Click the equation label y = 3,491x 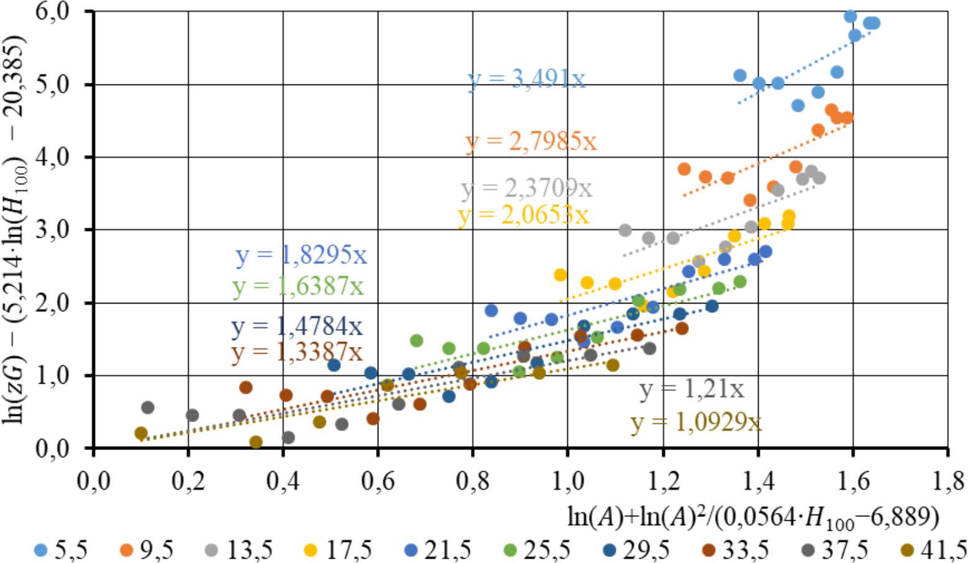[x=526, y=79]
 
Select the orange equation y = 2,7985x [x=531, y=142]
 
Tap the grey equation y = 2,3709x [x=527, y=188]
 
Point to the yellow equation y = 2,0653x [x=523, y=215]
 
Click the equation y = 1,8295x [x=301, y=255]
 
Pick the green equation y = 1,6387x [x=298, y=286]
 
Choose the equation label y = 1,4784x [x=297, y=326]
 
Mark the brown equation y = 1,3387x [x=297, y=353]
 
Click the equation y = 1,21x [x=692, y=389]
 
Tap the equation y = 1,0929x [x=696, y=422]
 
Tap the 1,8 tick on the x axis [x=947, y=481]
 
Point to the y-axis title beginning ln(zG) [x=15, y=230]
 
